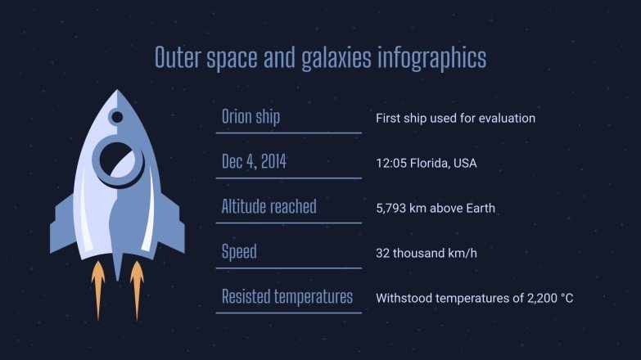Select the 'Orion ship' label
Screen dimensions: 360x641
(x=251, y=116)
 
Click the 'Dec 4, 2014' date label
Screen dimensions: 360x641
(x=254, y=162)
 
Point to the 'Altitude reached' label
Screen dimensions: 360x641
(x=269, y=207)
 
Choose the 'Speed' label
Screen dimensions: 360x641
(x=239, y=251)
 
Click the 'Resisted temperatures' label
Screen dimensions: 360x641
(x=287, y=296)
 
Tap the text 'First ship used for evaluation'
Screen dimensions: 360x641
(x=455, y=118)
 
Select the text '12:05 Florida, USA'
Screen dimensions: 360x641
(x=426, y=163)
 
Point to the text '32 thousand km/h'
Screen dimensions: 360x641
(x=426, y=253)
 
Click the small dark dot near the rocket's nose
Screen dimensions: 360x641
(x=117, y=117)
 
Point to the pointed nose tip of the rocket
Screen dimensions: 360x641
(x=118, y=93)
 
